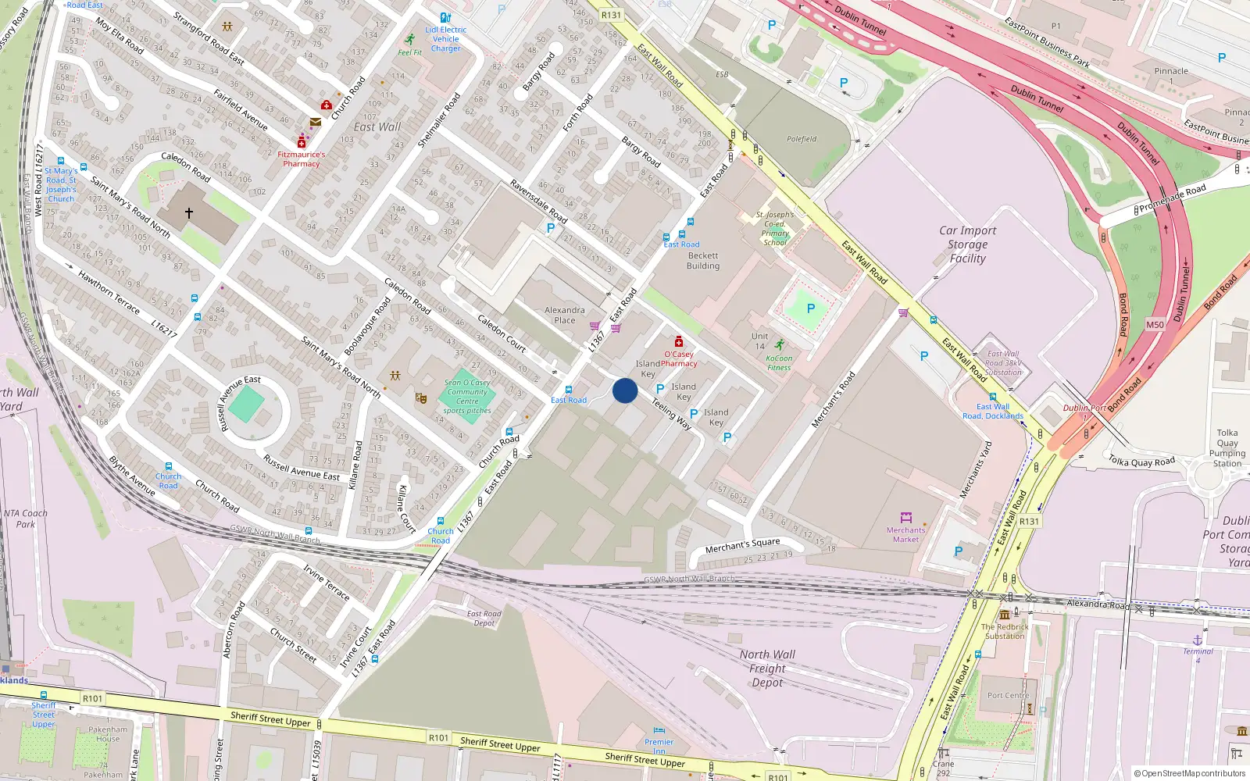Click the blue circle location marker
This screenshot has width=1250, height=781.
coord(625,390)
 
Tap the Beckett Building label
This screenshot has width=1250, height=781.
coord(703,261)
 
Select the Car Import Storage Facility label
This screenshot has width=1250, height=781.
coord(967,244)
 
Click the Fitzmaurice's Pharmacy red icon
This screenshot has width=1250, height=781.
coord(302,142)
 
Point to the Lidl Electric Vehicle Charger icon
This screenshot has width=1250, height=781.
coord(445,18)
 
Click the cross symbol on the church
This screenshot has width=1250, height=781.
coord(189,212)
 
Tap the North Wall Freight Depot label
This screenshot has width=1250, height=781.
coord(767,669)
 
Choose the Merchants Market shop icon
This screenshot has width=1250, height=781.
coord(906,518)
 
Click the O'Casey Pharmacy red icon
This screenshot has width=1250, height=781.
coord(679,342)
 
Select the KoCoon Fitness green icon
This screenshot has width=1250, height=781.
coord(779,345)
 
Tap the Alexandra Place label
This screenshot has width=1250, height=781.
coord(565,315)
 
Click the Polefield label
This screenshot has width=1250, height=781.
coord(802,139)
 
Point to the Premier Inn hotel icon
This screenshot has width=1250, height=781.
coord(659,731)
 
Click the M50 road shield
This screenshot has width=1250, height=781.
coord(1155,325)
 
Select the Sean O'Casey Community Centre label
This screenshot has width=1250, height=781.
coord(467,396)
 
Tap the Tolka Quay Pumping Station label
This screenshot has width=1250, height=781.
coord(1227,448)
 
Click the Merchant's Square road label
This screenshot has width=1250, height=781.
coord(742,544)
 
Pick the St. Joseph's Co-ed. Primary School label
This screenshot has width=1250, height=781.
coord(775,228)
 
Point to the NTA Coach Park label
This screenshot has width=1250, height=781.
coord(26,519)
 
